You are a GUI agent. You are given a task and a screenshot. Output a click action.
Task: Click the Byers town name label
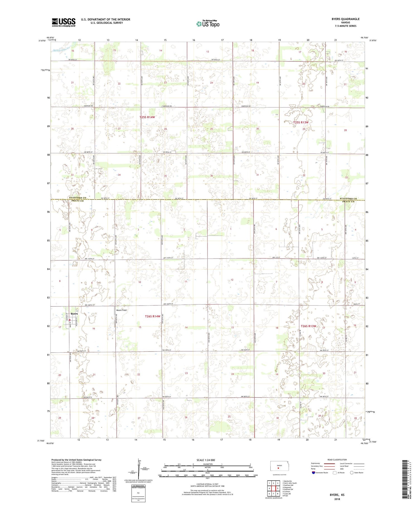[74, 314]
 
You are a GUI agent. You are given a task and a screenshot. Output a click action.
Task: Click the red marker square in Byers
[70, 320]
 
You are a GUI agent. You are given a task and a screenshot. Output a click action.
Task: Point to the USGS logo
[64, 22]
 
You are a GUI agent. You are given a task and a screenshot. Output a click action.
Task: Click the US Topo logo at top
[208, 24]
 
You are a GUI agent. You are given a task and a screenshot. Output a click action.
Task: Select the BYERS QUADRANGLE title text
[345, 19]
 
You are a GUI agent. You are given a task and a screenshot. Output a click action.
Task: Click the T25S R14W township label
[147, 117]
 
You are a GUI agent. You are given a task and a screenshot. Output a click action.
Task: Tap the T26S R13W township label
[308, 326]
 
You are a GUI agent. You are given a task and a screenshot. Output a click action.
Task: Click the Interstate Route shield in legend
[313, 473]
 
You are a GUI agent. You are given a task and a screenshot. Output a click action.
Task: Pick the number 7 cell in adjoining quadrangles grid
[273, 494]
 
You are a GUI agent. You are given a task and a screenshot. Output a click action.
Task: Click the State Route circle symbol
[352, 473]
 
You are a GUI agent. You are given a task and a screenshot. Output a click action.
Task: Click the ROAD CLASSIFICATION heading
[337, 460]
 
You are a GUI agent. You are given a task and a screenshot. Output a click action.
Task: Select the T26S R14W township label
[152, 316]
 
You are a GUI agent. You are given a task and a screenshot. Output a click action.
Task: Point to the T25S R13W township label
[301, 122]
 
